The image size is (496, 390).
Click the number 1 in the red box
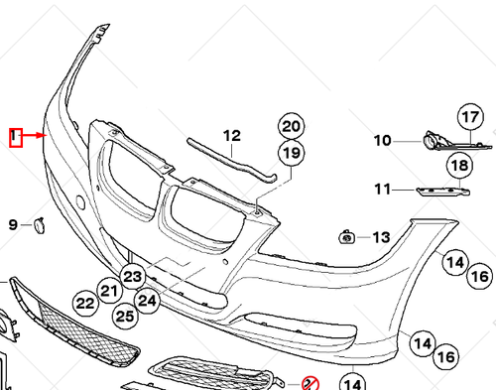click(15, 136)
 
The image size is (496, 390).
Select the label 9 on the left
click(13, 225)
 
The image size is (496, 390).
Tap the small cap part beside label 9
click(39, 224)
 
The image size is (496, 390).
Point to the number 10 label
click(382, 141)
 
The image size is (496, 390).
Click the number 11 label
click(382, 190)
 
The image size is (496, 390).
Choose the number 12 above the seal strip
click(231, 136)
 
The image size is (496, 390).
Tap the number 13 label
click(382, 237)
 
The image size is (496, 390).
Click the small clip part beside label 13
click(348, 236)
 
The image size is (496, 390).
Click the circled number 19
click(290, 153)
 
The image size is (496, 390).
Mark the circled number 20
click(290, 126)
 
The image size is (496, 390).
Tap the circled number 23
click(132, 275)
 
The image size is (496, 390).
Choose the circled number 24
click(148, 299)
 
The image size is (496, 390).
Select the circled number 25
click(124, 316)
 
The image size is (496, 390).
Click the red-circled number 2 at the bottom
click(309, 383)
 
